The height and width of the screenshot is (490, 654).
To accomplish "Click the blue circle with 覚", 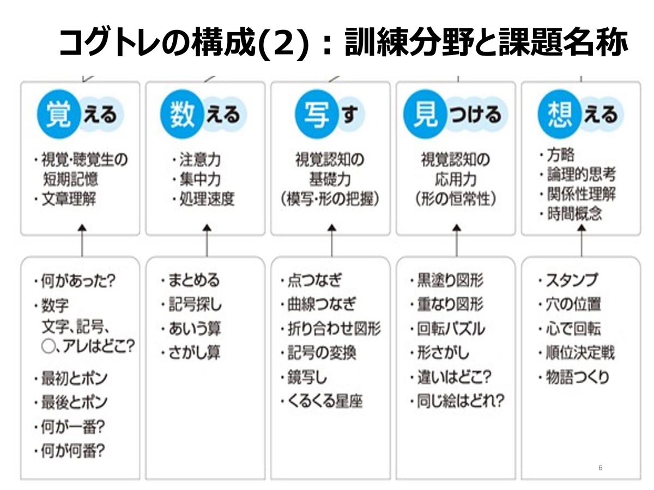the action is pos(59,114).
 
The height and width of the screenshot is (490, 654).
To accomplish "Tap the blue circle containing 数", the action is pos(182,114).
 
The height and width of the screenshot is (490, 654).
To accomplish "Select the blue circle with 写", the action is pos(317,114).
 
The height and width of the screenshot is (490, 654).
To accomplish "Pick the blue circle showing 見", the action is pos(425,114).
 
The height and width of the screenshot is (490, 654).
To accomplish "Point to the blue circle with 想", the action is pos(560,114).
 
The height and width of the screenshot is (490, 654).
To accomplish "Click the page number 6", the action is pos(601,467).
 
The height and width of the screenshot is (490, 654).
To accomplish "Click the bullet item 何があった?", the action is pos(75,280).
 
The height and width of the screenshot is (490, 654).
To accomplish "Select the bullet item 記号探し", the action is pos(191,304).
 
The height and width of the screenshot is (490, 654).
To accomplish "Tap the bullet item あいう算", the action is pos(191,329).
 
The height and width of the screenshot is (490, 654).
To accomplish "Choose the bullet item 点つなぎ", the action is pos(311,280).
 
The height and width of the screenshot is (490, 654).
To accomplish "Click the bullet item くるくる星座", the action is pos(322,401).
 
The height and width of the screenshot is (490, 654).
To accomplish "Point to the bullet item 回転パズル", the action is pos(447,329).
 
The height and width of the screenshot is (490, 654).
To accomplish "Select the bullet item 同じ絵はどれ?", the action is pos(457,401).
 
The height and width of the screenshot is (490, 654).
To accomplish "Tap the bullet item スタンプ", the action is pos(568,280).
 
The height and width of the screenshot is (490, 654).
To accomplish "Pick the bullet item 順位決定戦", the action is pos(576,353).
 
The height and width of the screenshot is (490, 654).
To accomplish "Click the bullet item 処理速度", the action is pos(203,199).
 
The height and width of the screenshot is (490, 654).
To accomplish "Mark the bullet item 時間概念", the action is pos(571,213).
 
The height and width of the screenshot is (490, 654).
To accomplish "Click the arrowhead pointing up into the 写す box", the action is pos(332,228).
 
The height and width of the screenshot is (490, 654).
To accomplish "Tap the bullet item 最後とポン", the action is pos(71,402).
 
